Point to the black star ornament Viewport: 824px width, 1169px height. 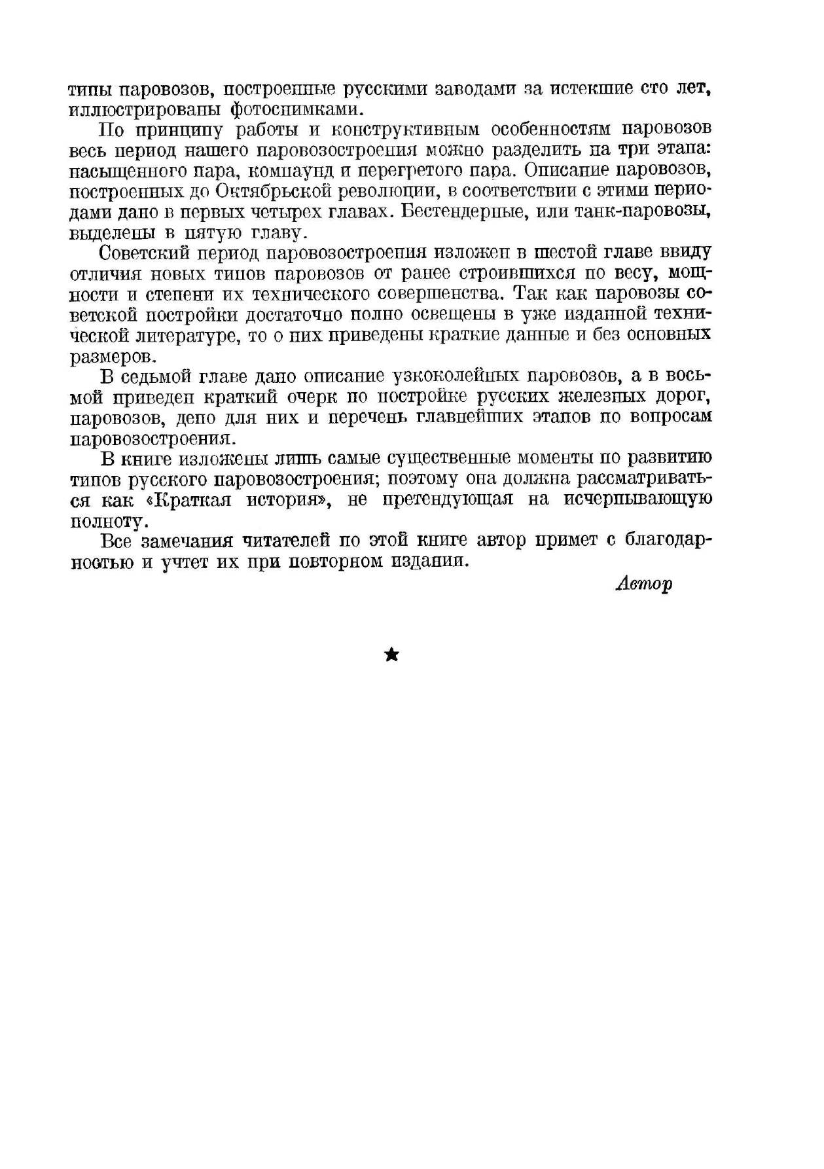click(391, 655)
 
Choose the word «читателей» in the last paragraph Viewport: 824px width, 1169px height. click(289, 541)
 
